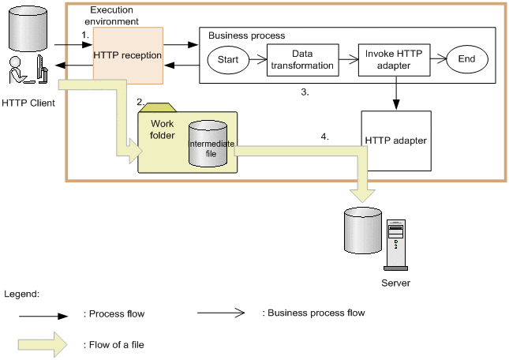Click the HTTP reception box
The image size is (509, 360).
point(128,55)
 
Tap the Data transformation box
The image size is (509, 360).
point(301,59)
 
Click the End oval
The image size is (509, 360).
point(466,59)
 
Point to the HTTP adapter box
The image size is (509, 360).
point(395,141)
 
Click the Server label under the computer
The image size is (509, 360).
point(395,282)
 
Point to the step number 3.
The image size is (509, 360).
point(305,92)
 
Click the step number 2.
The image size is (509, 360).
point(140,103)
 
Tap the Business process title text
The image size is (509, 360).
point(246,36)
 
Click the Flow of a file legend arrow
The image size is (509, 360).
point(47,343)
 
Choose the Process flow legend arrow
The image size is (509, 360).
point(47,313)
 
